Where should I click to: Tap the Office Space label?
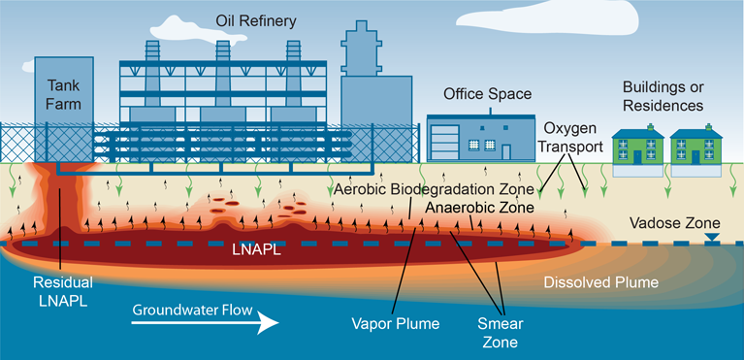point(487,94)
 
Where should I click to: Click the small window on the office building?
point(474,144)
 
